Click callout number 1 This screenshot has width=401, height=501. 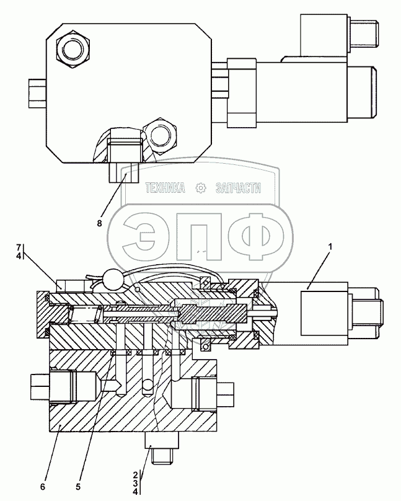[x=330, y=247]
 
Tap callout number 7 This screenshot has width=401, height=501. [x=19, y=247]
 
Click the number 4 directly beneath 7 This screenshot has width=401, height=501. [x=19, y=255]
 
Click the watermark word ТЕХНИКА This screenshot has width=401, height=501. [x=165, y=188]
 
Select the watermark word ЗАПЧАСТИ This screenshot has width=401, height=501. [x=237, y=188]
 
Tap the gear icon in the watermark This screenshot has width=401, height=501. [x=200, y=188]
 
